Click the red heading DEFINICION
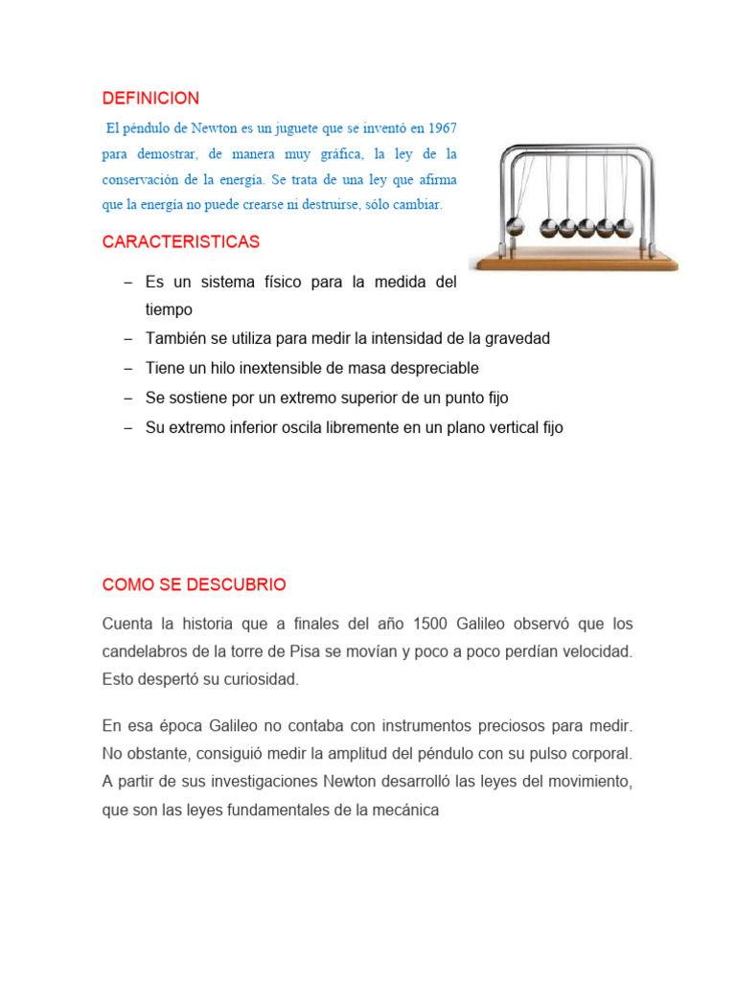pos(150,99)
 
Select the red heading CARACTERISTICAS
pos(181,241)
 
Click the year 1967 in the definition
pos(442,127)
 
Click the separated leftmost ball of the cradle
pos(517,228)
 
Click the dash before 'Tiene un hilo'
pos(127,369)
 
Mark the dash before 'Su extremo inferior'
pos(127,428)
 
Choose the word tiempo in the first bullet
pos(169,309)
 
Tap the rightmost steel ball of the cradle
pos(624,227)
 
